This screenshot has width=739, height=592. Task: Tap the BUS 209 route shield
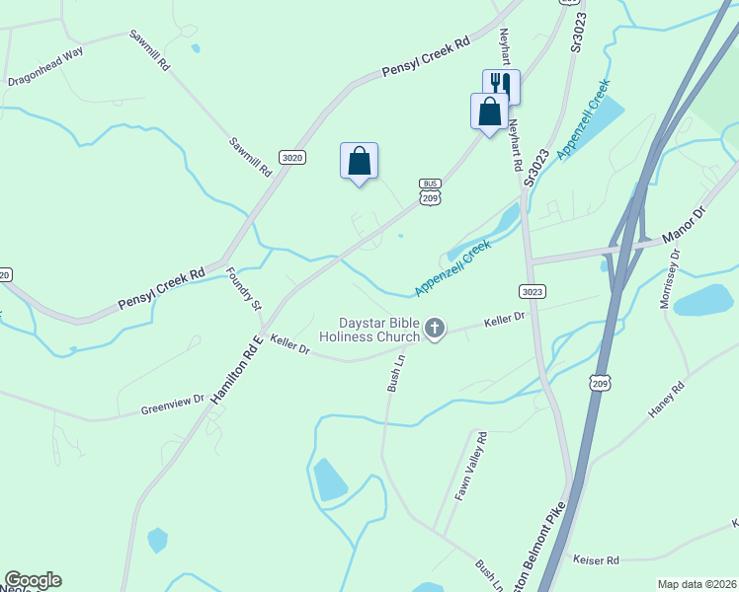[429, 192]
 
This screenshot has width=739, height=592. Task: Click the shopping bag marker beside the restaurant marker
[489, 111]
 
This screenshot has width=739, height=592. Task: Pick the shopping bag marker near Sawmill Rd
[359, 161]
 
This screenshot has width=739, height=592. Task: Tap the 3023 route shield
[532, 291]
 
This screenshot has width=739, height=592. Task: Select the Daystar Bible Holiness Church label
[366, 329]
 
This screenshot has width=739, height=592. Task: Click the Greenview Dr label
[171, 404]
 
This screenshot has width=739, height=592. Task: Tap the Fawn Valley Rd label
[470, 468]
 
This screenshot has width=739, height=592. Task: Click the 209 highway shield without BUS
[598, 382]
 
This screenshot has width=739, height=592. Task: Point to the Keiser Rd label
[596, 559]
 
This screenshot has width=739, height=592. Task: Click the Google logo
[33, 580]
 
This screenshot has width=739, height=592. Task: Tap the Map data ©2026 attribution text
[696, 584]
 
